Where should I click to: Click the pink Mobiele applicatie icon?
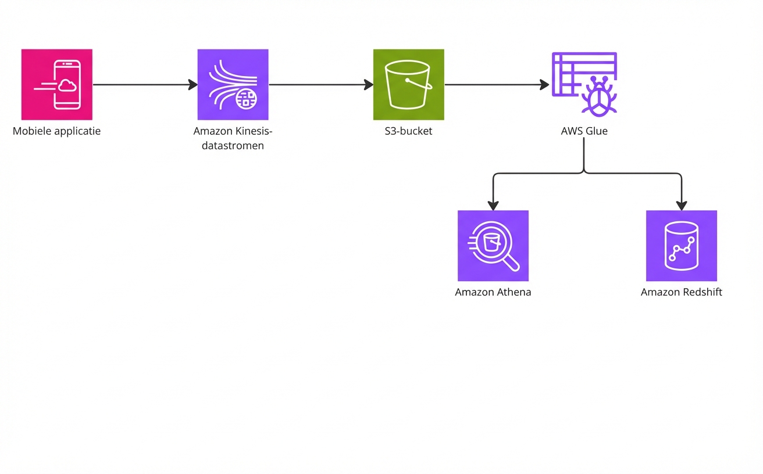[56, 84]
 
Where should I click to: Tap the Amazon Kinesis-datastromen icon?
[233, 84]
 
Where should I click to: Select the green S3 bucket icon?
[408, 84]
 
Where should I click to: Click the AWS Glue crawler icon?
[584, 84]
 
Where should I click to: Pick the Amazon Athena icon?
[493, 245]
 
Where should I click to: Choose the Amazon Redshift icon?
[681, 245]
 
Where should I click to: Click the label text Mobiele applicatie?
[56, 131]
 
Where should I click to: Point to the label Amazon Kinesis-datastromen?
[233, 138]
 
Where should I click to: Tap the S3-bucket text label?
[408, 131]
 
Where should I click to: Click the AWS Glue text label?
[584, 131]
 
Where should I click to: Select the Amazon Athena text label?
[493, 292]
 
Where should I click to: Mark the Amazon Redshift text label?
[681, 292]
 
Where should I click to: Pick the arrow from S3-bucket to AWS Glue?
[496, 85]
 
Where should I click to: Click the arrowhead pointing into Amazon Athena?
[493, 205]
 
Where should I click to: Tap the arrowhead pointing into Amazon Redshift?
[681, 205]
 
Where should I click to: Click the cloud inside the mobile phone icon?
[68, 86]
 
